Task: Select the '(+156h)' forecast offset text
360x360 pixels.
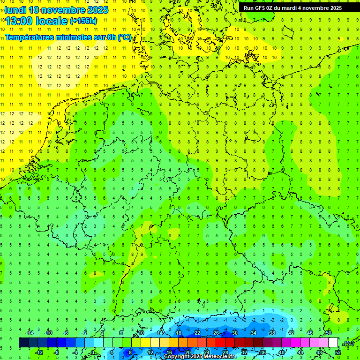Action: tap(83, 21)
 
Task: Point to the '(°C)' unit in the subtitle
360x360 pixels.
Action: tap(125, 37)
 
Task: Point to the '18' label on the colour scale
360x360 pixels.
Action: tap(179, 333)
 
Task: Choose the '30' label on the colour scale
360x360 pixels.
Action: tap(234, 333)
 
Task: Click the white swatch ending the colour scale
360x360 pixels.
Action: tap(333, 343)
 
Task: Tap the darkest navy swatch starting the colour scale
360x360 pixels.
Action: tap(23, 343)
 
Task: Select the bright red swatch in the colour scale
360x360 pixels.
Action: tap(220, 343)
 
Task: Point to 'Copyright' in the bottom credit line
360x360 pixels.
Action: tap(177, 357)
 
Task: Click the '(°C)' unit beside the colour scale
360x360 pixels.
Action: tap(348, 343)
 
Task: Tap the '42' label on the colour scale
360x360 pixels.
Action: tap(291, 333)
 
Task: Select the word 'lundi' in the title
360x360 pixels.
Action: tap(15, 10)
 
